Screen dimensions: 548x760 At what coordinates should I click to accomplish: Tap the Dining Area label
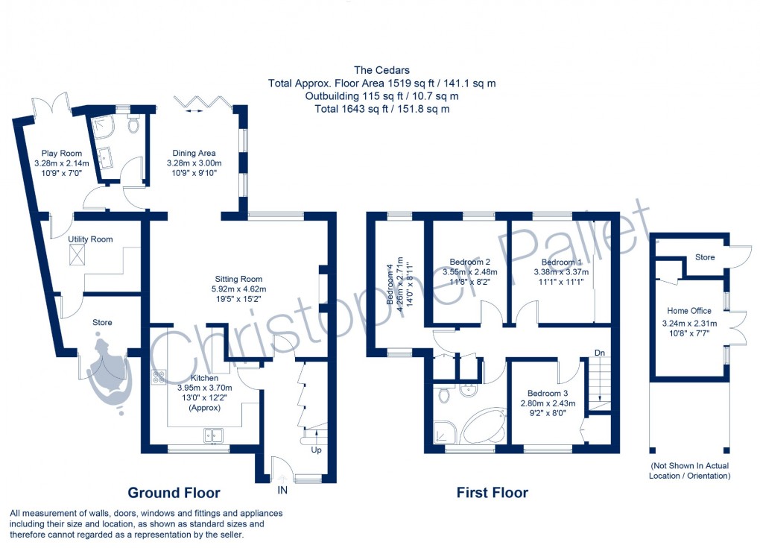(193, 153)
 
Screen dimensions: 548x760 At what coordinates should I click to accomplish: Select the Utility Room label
(90, 239)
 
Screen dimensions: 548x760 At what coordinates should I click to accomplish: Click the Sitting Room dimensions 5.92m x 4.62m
(238, 289)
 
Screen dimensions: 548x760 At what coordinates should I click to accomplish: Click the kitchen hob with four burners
(158, 377)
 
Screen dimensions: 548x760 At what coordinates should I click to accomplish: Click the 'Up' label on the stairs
(316, 451)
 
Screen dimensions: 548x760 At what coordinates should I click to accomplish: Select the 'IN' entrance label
(282, 491)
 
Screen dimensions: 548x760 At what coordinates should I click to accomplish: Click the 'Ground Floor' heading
(174, 493)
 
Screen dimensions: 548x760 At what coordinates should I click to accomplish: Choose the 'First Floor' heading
(493, 493)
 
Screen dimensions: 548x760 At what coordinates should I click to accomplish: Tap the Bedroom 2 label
(469, 262)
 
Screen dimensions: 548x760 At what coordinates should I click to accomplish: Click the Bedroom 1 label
(561, 262)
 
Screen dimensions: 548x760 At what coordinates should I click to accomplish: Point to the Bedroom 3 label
(548, 394)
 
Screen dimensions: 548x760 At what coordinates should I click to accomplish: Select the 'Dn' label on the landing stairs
(599, 353)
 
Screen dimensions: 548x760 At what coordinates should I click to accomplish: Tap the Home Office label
(688, 311)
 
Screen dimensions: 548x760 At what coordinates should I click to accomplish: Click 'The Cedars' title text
(381, 71)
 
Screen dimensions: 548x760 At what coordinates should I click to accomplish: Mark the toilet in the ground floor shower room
(134, 126)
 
